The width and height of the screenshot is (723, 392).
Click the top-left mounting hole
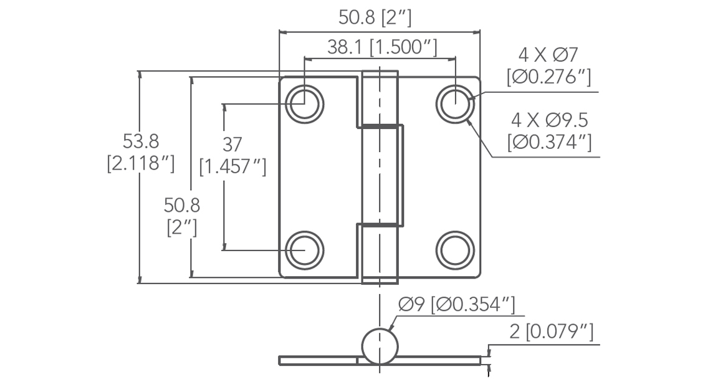coord(305,103)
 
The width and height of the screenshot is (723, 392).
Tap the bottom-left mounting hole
coord(305,250)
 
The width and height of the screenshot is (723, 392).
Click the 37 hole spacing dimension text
coord(232,145)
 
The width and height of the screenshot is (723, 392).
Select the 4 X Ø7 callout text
coord(548,54)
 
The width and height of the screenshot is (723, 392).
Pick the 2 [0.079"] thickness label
coord(551,331)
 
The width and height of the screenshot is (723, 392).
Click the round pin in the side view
coord(379,345)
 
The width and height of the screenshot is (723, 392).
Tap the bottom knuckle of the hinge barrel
coord(380,254)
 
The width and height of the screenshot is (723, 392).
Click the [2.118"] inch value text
coord(140,163)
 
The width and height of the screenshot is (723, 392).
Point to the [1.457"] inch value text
coord(232,167)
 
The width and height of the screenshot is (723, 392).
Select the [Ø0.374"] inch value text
coord(549,142)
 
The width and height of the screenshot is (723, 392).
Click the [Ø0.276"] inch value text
coord(548,77)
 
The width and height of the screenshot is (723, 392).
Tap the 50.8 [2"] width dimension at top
coord(375,17)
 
